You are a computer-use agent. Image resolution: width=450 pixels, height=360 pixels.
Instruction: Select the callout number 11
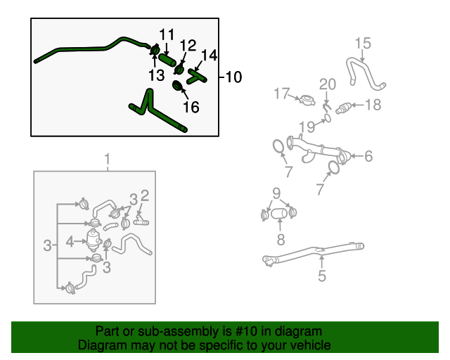[x=166, y=34]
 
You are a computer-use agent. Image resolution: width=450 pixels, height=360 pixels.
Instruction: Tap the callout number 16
[x=191, y=107]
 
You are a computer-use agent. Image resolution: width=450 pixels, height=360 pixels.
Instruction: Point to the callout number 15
[x=362, y=44]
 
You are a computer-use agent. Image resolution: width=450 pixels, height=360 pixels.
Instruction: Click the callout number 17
[x=282, y=94]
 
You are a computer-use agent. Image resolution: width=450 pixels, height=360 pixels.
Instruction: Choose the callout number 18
[x=373, y=105]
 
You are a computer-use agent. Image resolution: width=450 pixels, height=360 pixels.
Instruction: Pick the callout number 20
[x=328, y=84]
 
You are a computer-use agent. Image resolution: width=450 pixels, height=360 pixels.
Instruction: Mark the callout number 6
[x=368, y=157]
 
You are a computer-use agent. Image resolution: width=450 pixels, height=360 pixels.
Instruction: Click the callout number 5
[x=321, y=276]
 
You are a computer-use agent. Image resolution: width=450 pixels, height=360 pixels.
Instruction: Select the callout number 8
[x=280, y=240]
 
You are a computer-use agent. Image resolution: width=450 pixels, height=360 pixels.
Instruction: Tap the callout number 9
[x=276, y=193]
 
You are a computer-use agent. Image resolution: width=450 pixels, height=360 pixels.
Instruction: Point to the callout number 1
[x=108, y=159]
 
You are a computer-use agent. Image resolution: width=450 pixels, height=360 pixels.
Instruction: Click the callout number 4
[x=70, y=241]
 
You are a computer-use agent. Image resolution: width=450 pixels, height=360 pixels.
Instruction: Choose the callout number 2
[x=144, y=195]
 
